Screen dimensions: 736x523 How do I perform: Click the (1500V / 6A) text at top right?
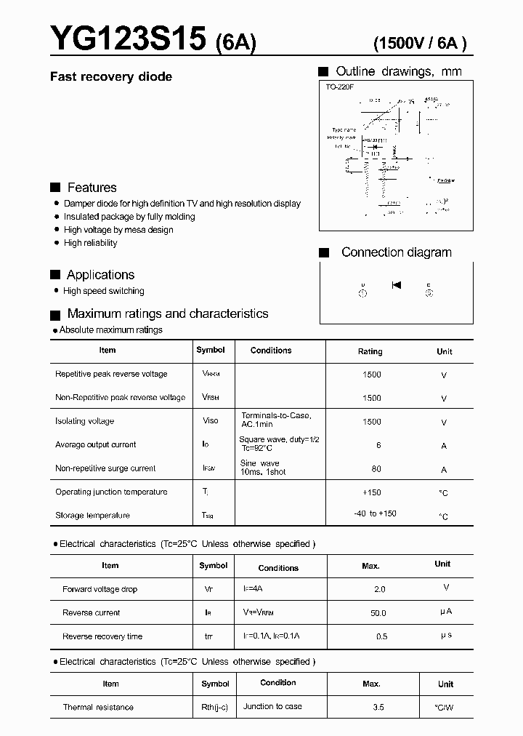[419, 43]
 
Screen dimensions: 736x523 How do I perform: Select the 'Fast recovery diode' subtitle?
[110, 76]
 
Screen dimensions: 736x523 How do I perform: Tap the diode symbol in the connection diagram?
[397, 284]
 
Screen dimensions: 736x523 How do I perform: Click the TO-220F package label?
[339, 87]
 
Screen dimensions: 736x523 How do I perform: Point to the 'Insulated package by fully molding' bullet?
[129, 217]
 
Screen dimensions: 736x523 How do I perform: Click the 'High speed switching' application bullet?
[104, 291]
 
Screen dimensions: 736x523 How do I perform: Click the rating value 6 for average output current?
[377, 445]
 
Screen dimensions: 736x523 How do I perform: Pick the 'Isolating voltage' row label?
[84, 421]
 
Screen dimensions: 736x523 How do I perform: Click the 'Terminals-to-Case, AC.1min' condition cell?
[276, 420]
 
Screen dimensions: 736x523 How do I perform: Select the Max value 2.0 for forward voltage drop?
[379, 589]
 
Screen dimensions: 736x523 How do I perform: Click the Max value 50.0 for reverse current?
[378, 613]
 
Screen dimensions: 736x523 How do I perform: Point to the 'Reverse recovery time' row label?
[102, 636]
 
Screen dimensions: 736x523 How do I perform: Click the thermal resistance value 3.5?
[378, 707]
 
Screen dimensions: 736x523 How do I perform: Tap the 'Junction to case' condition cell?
[273, 706]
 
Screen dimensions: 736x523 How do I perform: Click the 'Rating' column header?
[370, 351]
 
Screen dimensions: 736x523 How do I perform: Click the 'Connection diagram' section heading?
[396, 252]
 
